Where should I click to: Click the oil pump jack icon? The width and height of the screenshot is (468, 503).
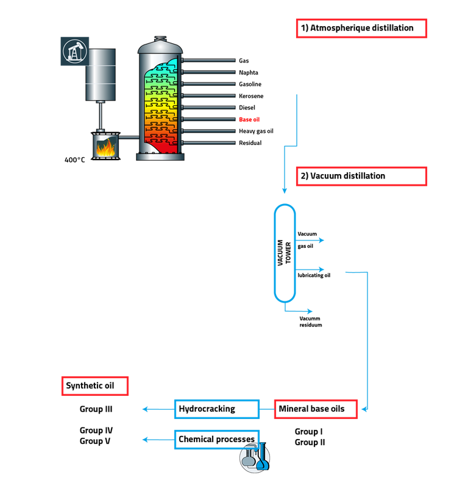[x=75, y=51]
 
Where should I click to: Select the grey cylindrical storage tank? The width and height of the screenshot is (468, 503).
[x=100, y=74]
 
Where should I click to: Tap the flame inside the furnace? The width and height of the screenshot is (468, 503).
[x=105, y=147]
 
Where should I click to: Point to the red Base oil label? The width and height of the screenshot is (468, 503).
[x=249, y=119]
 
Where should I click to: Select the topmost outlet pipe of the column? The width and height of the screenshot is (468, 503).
[x=208, y=60]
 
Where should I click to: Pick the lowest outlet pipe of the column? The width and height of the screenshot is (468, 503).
[x=208, y=142]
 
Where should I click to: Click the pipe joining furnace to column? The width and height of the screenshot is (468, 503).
[x=129, y=138]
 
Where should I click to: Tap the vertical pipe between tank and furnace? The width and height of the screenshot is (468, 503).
[x=100, y=116]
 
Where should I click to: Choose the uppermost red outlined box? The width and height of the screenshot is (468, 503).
[x=361, y=29]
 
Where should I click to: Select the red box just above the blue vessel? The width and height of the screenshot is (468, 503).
[x=361, y=177]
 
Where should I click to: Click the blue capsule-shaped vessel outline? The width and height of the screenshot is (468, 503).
[x=284, y=253]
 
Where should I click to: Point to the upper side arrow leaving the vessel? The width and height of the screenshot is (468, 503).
[x=311, y=241]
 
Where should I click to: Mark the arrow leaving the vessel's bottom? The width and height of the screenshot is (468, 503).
[x=300, y=311]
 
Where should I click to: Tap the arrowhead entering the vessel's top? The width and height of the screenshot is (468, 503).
[x=284, y=191]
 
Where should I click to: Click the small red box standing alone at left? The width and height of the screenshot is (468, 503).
[x=94, y=386]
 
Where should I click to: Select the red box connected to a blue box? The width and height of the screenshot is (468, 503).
[x=316, y=409]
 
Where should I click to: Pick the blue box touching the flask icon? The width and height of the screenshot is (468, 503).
[x=216, y=439]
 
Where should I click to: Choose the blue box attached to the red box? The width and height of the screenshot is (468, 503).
[x=216, y=409]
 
